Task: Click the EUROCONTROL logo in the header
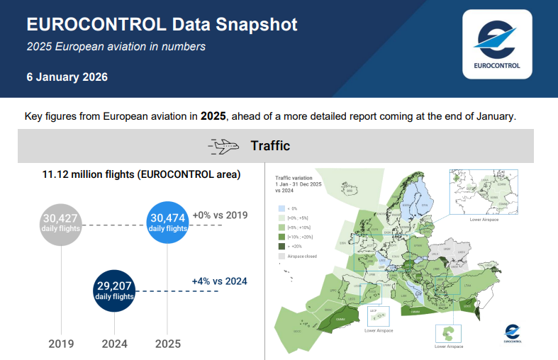pyautogui.click(x=496, y=45)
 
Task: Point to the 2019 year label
pyautogui.click(x=61, y=344)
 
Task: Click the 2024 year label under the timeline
pyautogui.click(x=114, y=344)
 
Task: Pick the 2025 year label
pyautogui.click(x=167, y=344)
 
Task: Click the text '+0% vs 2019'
pyautogui.click(x=220, y=215)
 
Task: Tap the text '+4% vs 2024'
pyautogui.click(x=219, y=281)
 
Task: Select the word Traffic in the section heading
pyautogui.click(x=270, y=146)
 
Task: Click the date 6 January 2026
pyautogui.click(x=67, y=77)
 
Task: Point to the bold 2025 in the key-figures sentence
pyautogui.click(x=213, y=116)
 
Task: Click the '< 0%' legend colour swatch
pyautogui.click(x=281, y=209)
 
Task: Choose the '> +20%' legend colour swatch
pyautogui.click(x=281, y=246)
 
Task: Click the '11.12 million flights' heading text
pyautogui.click(x=142, y=174)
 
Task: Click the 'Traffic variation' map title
pyautogui.click(x=294, y=179)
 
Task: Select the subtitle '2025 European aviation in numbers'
pyautogui.click(x=116, y=47)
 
